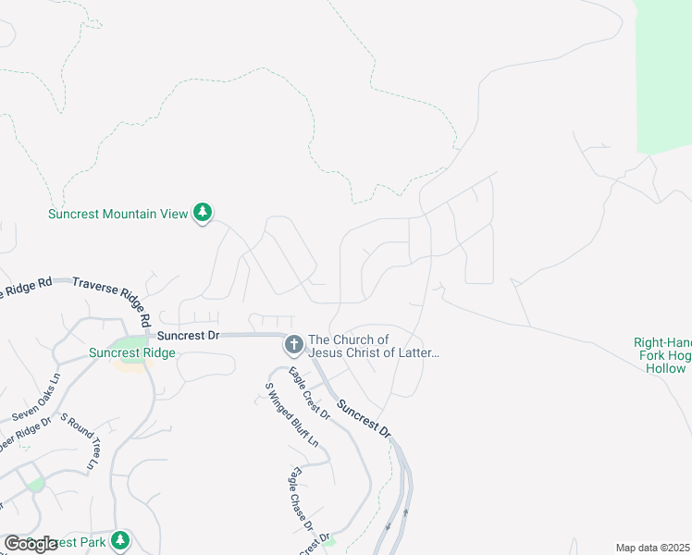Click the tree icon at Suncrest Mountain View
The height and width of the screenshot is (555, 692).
(x=203, y=213)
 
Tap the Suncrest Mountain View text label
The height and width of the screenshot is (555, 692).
(x=117, y=214)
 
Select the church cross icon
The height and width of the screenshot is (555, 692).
(x=293, y=346)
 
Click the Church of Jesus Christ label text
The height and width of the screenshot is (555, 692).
(x=373, y=346)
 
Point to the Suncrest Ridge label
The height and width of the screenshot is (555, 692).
(x=132, y=352)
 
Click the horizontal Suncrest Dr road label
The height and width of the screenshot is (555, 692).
(x=188, y=336)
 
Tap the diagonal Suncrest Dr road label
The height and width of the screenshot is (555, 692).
(x=364, y=419)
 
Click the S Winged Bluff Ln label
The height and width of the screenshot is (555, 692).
(x=291, y=415)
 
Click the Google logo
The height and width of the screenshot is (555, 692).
(x=31, y=544)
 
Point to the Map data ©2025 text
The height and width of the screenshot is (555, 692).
(x=652, y=548)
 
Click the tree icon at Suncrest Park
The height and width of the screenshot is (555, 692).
(x=119, y=539)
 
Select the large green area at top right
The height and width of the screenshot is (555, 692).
(x=665, y=74)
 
